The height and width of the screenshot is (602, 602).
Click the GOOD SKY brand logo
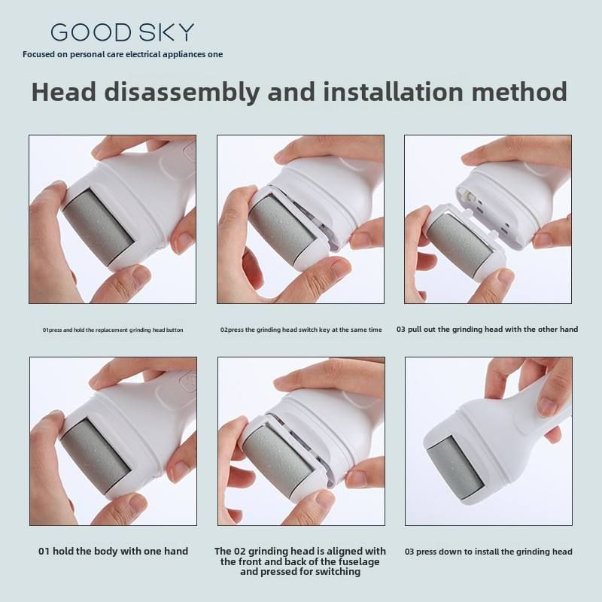122,32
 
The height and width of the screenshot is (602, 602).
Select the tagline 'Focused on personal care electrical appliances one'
123,54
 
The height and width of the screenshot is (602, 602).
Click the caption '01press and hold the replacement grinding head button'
113,330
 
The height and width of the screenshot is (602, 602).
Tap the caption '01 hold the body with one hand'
114,552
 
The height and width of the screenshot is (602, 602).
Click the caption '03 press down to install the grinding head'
488,552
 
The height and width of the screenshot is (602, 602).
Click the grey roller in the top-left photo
99,226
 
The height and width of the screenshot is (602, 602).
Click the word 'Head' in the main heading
64,91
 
